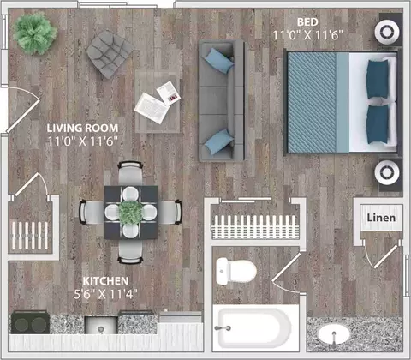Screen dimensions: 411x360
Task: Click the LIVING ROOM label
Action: [x=82, y=128]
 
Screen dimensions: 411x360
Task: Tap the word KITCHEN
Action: [x=105, y=281]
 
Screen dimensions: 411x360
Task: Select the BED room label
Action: [x=307, y=22]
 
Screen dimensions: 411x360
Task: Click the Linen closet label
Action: [x=381, y=218]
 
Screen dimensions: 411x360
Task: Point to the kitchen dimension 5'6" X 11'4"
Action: [x=105, y=294]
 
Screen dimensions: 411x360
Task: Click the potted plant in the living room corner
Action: [x=34, y=33]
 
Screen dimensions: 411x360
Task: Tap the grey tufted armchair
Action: [x=110, y=54]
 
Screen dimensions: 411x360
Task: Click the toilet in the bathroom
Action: [x=236, y=271]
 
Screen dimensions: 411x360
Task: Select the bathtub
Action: [x=255, y=328]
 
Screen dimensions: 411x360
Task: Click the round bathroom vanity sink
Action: [x=334, y=333]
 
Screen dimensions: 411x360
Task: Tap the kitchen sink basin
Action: [x=101, y=325]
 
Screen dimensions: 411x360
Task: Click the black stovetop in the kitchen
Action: [x=30, y=322]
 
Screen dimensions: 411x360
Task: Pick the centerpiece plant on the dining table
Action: [x=130, y=213]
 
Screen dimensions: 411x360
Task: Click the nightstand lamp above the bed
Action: [x=387, y=32]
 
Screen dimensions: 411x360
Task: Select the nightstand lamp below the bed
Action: [x=387, y=172]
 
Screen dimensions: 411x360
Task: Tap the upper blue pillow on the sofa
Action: [x=219, y=61]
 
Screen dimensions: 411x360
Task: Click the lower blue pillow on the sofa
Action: [x=219, y=141]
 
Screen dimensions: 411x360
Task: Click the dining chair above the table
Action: [x=130, y=173]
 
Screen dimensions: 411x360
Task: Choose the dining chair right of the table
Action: [x=170, y=212]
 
